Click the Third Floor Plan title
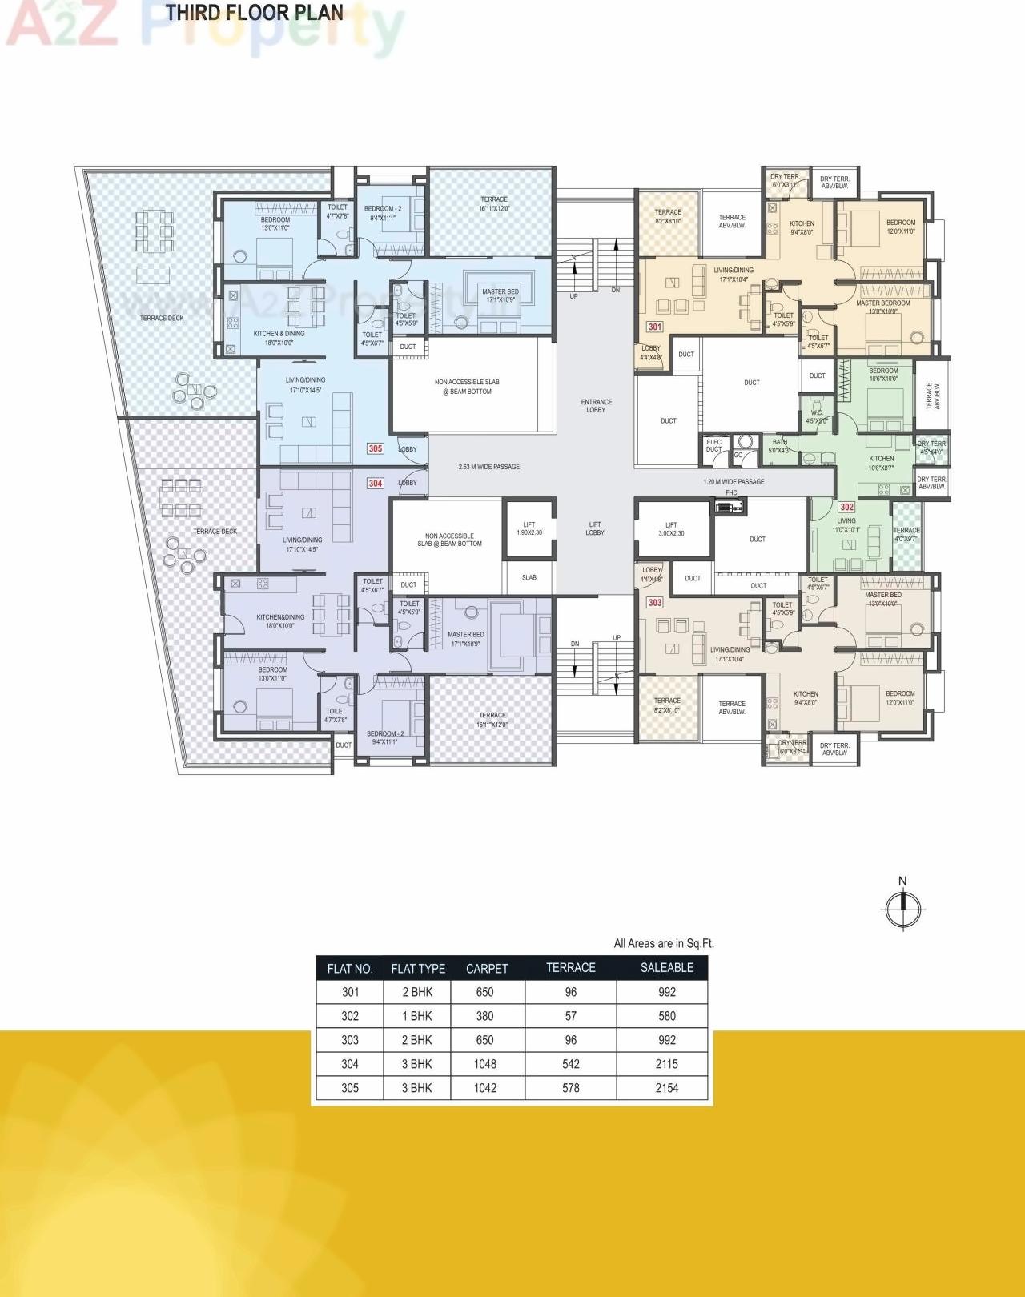coord(255,13)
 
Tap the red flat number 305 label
coord(375,449)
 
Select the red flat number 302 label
coord(846,507)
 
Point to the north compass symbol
coord(903,908)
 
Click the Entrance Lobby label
coord(597,406)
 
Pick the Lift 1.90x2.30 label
coord(529,528)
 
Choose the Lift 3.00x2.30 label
coord(671,528)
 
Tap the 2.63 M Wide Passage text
coord(488,467)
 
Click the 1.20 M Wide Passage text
coord(734,482)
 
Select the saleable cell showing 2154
coord(666,1088)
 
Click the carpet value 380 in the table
coord(484,1016)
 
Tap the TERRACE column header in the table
coord(570,968)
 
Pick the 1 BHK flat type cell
coord(416,1016)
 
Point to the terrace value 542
coord(570,1064)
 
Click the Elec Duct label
coord(713,446)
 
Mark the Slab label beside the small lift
coord(529,577)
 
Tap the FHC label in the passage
coord(731,493)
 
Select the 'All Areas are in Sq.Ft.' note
coord(664,943)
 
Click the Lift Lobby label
coord(594,528)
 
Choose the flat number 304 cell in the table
coord(350,1064)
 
